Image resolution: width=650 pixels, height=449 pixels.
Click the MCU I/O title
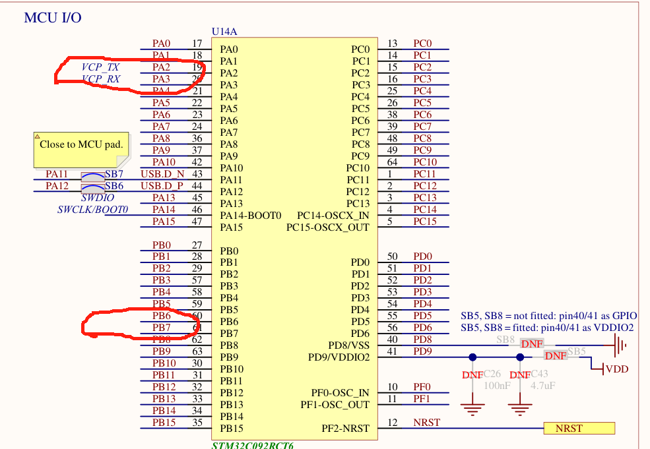click(x=53, y=18)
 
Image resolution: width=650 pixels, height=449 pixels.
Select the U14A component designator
click(x=225, y=32)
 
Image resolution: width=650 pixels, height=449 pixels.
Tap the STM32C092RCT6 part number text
click(x=252, y=445)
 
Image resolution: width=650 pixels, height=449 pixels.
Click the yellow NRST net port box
click(x=579, y=429)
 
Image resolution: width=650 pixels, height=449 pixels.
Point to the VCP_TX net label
click(x=100, y=67)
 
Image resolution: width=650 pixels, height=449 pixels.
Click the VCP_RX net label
click(x=100, y=79)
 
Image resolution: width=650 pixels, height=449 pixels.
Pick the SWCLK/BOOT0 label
click(x=92, y=210)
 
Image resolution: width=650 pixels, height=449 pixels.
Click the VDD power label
click(x=617, y=369)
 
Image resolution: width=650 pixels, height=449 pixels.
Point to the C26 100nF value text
click(x=497, y=386)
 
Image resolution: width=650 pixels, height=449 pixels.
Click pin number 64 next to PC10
click(x=393, y=162)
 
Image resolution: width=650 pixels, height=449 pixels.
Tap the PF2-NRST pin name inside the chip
click(x=345, y=429)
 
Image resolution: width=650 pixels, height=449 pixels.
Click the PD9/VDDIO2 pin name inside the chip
click(x=339, y=357)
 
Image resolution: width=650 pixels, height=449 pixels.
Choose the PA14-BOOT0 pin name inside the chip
click(x=251, y=216)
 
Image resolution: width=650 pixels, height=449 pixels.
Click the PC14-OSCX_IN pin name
click(x=333, y=216)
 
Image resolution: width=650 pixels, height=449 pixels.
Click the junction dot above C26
click(x=472, y=357)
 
